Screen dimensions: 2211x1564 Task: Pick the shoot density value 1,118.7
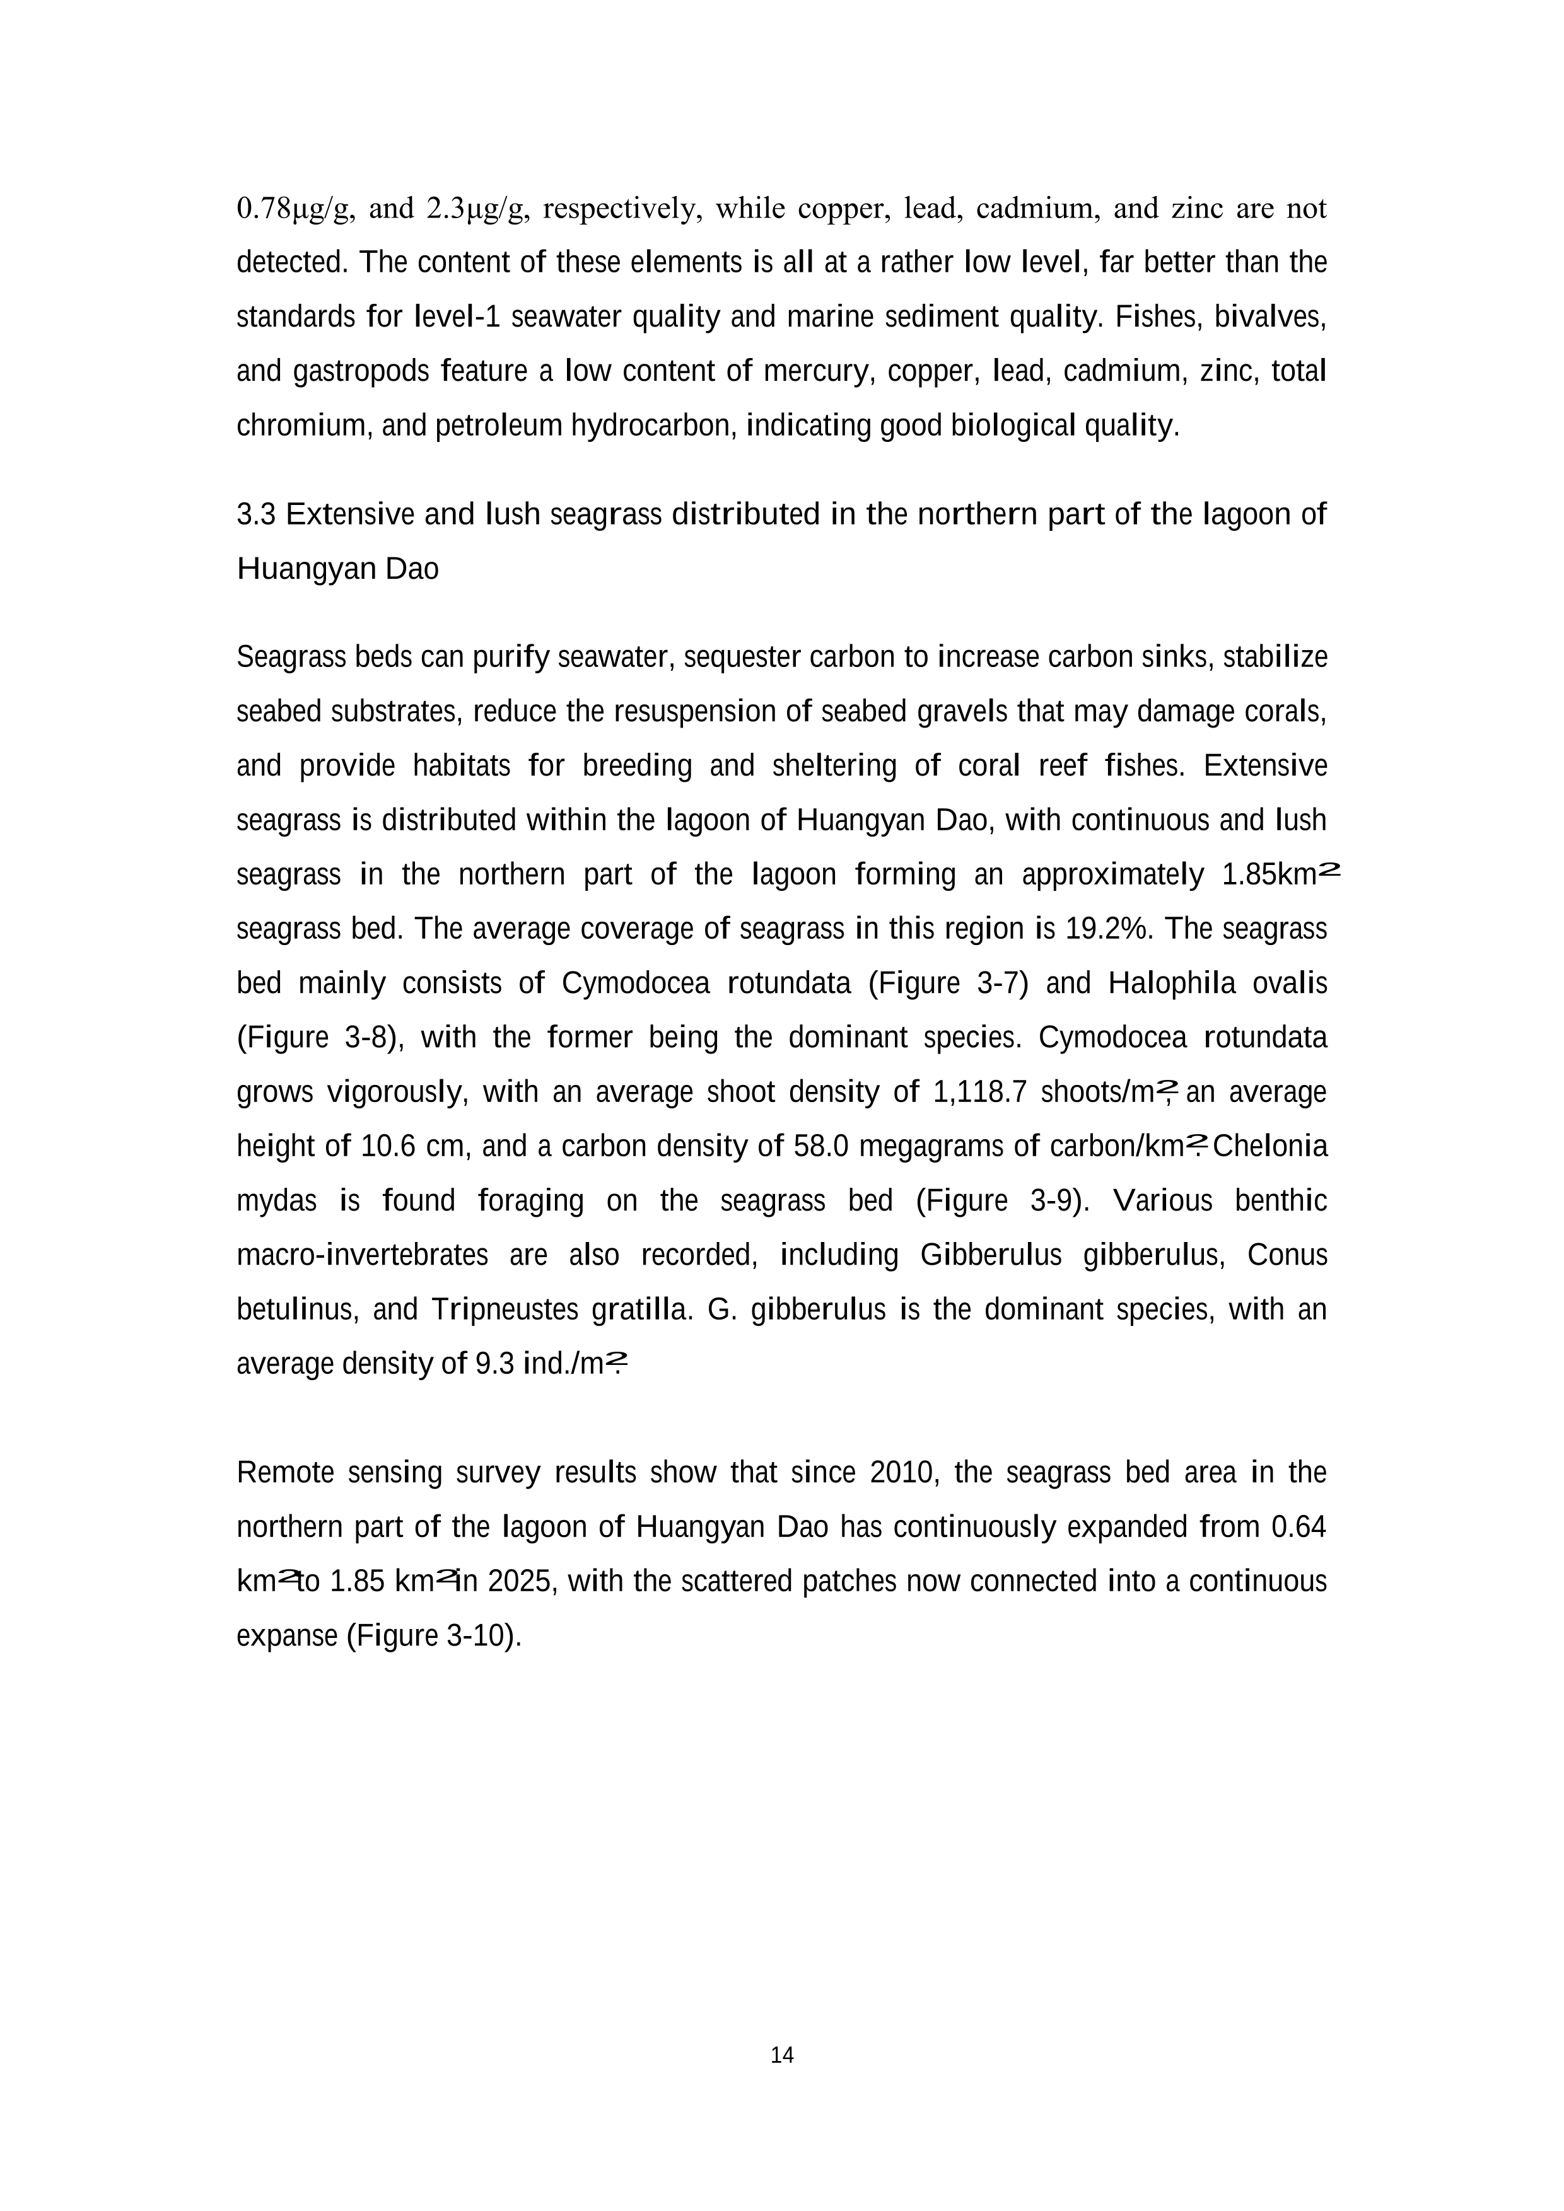coord(981,1092)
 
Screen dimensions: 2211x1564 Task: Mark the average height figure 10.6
coord(386,1147)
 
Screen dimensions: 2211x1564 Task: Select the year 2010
coord(903,1473)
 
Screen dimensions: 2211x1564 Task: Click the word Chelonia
coord(1270,1147)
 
